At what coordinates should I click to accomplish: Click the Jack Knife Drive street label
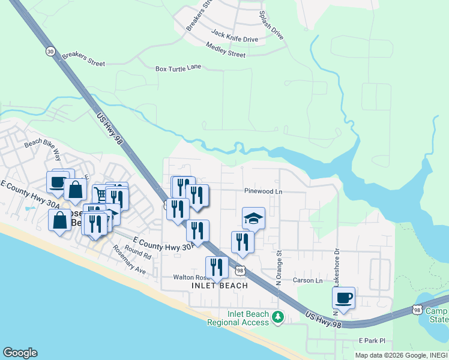click(234, 39)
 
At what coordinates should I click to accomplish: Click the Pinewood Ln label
click(263, 191)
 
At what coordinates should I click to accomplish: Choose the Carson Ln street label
click(307, 280)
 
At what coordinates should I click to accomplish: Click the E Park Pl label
click(370, 340)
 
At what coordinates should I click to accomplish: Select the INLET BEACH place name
click(219, 286)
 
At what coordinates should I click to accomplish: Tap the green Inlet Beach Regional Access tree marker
click(277, 316)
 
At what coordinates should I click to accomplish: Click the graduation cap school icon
click(254, 218)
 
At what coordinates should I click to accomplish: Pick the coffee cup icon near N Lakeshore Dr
click(343, 298)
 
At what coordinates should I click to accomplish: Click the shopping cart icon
click(100, 194)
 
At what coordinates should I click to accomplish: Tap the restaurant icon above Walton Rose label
click(217, 267)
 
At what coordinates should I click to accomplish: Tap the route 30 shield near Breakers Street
click(50, 52)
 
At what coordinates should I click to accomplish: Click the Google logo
click(20, 353)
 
